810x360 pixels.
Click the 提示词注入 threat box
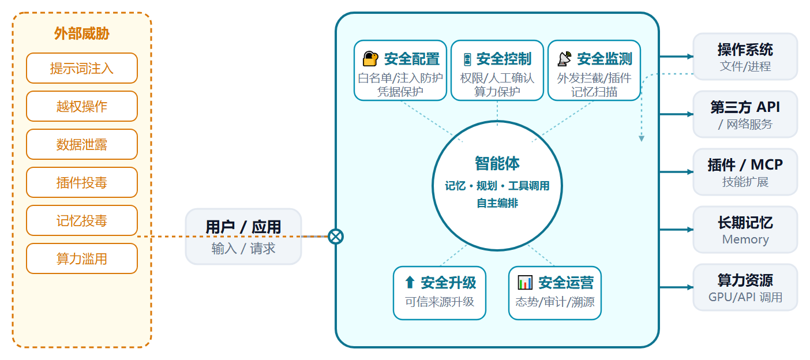click(82, 68)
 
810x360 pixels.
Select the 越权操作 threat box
click(82, 106)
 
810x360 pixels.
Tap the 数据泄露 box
click(82, 144)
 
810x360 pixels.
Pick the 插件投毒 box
click(82, 182)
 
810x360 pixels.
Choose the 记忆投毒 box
click(82, 220)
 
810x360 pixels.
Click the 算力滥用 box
click(82, 258)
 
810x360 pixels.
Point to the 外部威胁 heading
click(82, 33)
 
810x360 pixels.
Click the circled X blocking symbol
click(336, 237)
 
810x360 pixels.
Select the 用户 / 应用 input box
click(243, 237)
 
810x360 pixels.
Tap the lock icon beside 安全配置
click(370, 58)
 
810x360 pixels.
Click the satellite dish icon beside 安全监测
click(564, 58)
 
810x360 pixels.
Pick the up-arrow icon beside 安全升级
click(410, 282)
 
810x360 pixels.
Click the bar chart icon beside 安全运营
click(525, 282)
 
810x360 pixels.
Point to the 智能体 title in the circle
click(497, 163)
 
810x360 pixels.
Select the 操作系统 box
click(745, 57)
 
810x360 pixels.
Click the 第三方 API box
click(745, 114)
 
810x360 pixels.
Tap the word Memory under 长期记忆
click(745, 239)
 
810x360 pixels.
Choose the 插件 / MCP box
click(745, 172)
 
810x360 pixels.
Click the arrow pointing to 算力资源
click(677, 287)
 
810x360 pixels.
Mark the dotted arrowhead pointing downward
click(642, 138)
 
